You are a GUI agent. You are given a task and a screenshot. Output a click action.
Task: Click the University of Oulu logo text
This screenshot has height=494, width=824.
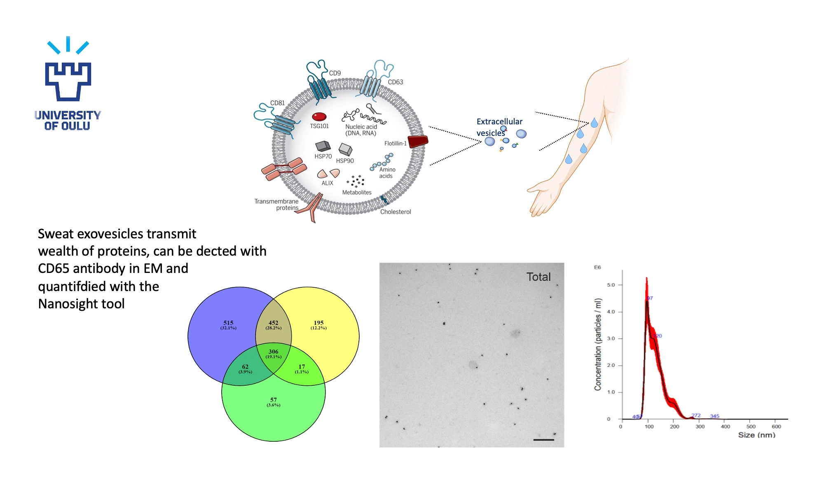point(68,120)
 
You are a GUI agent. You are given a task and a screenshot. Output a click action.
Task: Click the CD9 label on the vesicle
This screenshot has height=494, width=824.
point(335,73)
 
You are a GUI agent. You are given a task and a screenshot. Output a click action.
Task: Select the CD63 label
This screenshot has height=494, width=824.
point(395,82)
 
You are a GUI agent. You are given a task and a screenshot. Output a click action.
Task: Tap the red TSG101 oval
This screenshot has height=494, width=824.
point(319,117)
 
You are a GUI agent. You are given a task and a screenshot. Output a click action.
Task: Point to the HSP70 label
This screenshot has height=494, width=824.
point(323,156)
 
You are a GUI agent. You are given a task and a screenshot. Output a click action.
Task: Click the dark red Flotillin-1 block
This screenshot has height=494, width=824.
point(418,142)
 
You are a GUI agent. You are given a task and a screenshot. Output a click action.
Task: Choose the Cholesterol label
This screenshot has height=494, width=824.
point(395,212)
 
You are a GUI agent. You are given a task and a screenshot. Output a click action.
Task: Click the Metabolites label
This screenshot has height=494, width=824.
point(357,193)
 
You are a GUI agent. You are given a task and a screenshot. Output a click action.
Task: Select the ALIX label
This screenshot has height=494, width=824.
point(327,183)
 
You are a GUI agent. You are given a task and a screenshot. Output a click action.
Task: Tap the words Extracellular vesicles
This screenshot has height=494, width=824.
point(499,127)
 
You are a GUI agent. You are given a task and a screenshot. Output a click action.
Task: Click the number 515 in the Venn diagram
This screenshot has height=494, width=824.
point(228,323)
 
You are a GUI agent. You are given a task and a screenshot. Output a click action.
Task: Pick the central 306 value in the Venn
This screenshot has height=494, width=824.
point(274,352)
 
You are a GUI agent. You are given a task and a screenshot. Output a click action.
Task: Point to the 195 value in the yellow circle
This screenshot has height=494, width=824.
point(318,323)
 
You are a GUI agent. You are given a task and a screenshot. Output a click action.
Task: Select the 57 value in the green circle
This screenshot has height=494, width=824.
point(274,400)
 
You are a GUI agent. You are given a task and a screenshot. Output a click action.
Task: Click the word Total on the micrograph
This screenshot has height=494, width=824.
point(538,277)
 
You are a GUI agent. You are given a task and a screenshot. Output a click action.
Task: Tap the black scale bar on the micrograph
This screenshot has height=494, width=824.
point(543,440)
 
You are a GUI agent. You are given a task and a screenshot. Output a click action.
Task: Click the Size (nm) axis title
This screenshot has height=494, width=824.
point(756,435)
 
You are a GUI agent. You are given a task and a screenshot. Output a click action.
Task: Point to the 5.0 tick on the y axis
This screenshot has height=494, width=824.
point(611,285)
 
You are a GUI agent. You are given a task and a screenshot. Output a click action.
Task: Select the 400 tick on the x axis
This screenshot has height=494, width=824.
point(725,427)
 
